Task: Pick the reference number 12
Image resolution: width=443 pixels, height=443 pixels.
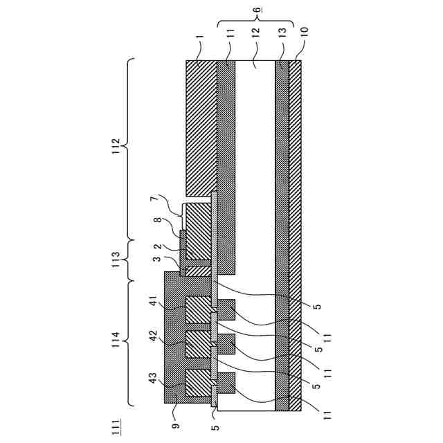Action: click(255, 33)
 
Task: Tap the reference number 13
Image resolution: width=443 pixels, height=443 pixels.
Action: click(282, 33)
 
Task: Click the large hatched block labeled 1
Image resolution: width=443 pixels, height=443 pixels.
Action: click(201, 125)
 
